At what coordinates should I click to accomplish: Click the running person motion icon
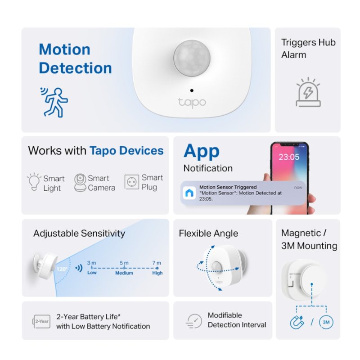[x=54, y=103]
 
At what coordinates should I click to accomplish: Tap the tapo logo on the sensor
[x=192, y=103]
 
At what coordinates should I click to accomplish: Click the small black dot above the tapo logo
[x=192, y=90]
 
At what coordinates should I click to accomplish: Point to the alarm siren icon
[x=308, y=92]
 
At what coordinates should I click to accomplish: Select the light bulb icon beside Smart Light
[x=34, y=182]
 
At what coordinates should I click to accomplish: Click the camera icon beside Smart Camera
[x=80, y=183]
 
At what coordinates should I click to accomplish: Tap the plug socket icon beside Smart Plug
[x=132, y=182]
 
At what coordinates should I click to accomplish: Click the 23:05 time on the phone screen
[x=289, y=157]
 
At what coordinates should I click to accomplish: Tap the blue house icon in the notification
[x=189, y=193]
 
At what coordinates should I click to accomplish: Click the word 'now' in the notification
[x=298, y=188]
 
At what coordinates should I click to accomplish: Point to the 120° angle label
[x=62, y=269]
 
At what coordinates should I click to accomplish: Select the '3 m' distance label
[x=91, y=263]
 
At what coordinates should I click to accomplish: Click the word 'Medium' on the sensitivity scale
[x=124, y=273]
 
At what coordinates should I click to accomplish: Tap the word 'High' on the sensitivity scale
[x=157, y=273]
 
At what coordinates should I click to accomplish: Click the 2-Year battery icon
[x=41, y=321]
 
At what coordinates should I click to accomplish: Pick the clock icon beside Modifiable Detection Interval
[x=194, y=321]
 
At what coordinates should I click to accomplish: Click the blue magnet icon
[x=297, y=322]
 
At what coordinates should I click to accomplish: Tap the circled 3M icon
[x=326, y=322]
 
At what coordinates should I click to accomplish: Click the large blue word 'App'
[x=201, y=152]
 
